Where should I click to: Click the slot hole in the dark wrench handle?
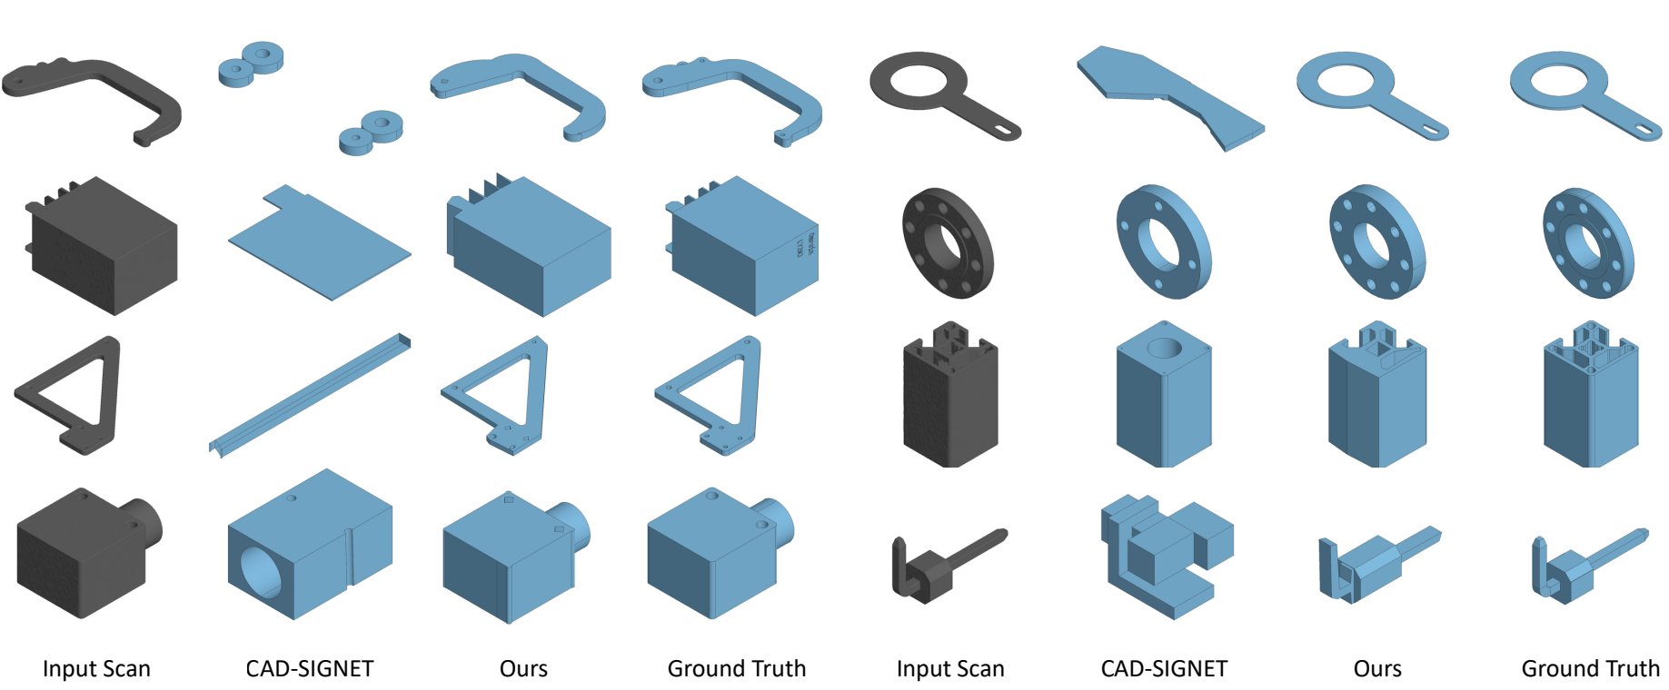(x=1004, y=130)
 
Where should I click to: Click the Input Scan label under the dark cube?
(x=96, y=669)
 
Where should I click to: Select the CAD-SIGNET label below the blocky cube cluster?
(x=1164, y=669)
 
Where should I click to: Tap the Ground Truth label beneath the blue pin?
(x=1590, y=669)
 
